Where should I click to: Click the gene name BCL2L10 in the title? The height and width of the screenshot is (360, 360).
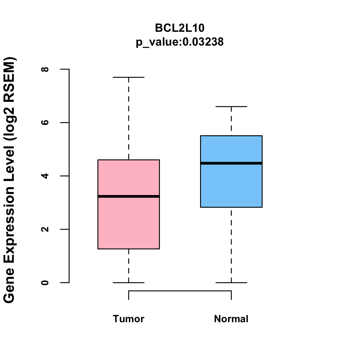(x=180, y=28)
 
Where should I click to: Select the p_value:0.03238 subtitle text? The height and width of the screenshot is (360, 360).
(x=180, y=42)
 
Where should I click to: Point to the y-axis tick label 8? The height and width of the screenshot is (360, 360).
(x=45, y=69)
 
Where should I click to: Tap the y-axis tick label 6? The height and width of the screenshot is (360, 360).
(x=45, y=122)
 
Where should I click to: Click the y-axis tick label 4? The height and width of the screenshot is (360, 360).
(x=45, y=176)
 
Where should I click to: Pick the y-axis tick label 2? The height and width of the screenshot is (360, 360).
(x=45, y=229)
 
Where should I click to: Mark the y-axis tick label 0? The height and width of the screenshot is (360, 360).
(x=45, y=283)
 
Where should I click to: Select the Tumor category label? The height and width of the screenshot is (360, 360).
(x=129, y=319)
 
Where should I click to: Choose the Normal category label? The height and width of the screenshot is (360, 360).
(x=231, y=319)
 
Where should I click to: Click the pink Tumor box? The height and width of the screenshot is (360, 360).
(x=129, y=222)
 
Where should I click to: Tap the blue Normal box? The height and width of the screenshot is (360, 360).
(x=231, y=186)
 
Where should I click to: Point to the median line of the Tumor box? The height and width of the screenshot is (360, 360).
(x=129, y=196)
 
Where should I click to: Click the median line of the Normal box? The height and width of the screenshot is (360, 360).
(x=231, y=163)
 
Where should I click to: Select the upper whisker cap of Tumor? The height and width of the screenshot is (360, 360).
(x=129, y=77)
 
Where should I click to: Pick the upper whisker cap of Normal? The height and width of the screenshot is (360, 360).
(x=231, y=106)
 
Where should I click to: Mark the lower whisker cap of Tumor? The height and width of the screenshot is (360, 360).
(x=129, y=283)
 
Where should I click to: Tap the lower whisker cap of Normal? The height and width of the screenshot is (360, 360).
(x=231, y=283)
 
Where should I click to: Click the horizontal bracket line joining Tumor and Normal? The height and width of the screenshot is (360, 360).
(x=180, y=291)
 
